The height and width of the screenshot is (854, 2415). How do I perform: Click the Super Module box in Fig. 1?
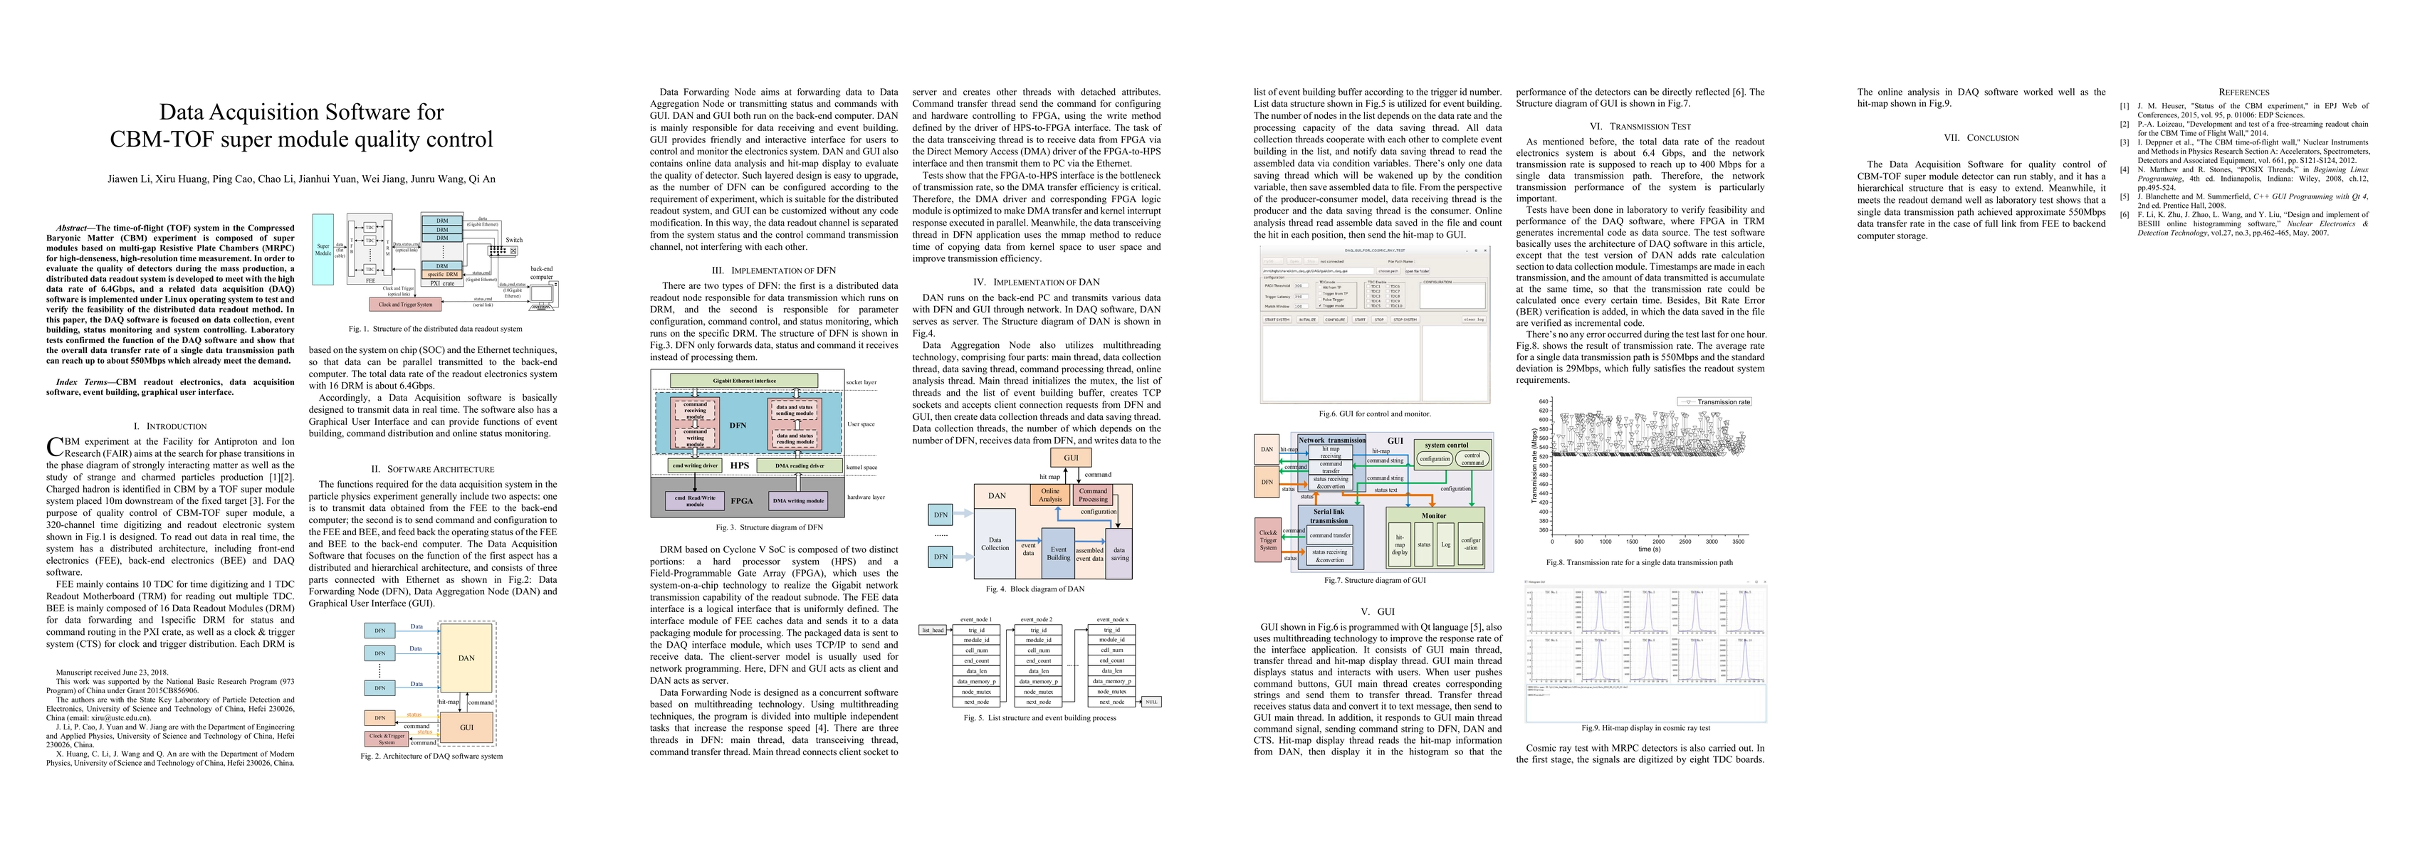[323, 251]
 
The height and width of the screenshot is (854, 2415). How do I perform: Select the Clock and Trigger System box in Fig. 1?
[405, 304]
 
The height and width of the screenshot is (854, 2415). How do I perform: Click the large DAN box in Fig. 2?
[466, 658]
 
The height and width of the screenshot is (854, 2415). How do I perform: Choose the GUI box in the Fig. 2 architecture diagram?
[466, 727]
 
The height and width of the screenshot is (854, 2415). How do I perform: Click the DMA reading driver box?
[799, 465]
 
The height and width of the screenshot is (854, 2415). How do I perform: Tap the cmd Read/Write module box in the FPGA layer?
[695, 500]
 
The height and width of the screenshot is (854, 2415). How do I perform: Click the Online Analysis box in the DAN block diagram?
[1050, 495]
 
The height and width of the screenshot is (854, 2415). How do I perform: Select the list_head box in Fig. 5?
[933, 630]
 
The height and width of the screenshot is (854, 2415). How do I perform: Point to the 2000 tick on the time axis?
[1658, 542]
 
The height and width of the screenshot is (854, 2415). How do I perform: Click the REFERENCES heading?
[2243, 92]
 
